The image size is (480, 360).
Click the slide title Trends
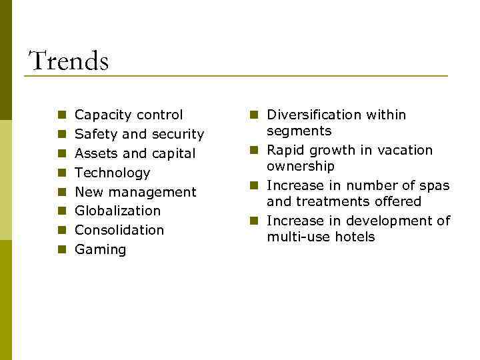pyautogui.click(x=69, y=61)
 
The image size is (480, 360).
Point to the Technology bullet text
pyautogui.click(x=113, y=173)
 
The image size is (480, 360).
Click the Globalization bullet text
pyautogui.click(x=118, y=211)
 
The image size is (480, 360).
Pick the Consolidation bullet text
pyautogui.click(x=119, y=230)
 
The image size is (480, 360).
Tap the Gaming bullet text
pyautogui.click(x=101, y=249)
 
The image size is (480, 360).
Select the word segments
pyautogui.click(x=299, y=131)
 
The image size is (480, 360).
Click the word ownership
pyautogui.click(x=301, y=166)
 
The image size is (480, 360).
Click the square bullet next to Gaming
pyautogui.click(x=61, y=250)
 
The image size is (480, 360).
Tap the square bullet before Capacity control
pyautogui.click(x=61, y=115)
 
